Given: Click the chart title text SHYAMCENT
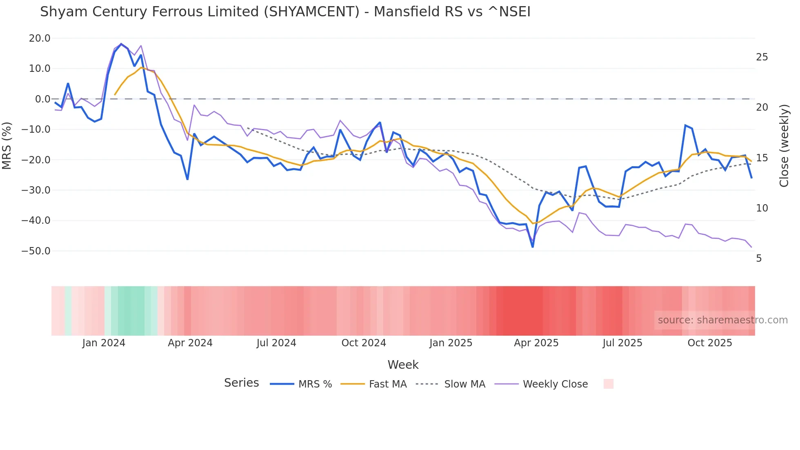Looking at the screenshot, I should (x=311, y=12).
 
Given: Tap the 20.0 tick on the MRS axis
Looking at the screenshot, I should (x=40, y=38).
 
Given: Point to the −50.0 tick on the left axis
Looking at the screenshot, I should (x=36, y=251).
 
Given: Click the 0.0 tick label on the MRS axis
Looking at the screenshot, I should (x=42, y=99).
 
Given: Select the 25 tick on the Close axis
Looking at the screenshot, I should (x=762, y=57).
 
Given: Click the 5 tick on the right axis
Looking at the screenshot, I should (x=759, y=258).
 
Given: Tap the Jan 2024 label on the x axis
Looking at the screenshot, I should (x=104, y=343).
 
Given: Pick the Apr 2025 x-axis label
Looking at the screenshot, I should (x=536, y=343).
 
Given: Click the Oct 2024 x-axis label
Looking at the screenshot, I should (x=364, y=343).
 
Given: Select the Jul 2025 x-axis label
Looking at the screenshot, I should (x=622, y=343).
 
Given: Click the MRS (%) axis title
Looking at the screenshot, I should (x=7, y=145).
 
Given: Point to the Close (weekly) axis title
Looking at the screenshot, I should (x=784, y=145).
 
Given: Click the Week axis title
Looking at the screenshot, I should (x=403, y=365).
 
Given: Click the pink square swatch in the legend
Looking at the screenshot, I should (x=608, y=384).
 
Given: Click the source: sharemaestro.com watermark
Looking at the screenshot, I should (x=722, y=320).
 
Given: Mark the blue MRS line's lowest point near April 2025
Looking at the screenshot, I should (x=533, y=247).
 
